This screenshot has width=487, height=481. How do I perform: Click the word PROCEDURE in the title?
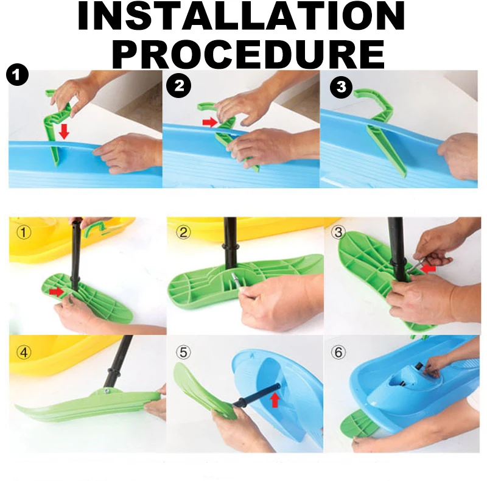(248, 54)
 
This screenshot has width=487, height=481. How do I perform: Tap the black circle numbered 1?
(17, 75)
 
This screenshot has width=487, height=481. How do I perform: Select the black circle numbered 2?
(178, 85)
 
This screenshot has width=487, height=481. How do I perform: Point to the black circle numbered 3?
(341, 86)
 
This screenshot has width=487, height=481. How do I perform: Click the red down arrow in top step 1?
(64, 131)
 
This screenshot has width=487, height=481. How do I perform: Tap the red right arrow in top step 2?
(210, 122)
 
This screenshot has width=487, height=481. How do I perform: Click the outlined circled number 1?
(24, 232)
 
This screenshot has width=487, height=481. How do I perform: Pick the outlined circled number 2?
(183, 232)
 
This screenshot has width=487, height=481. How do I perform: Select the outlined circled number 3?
(338, 232)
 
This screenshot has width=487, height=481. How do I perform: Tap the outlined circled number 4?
(24, 353)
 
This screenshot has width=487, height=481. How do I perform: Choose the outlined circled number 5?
(183, 353)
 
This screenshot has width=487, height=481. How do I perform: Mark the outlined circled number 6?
(338, 353)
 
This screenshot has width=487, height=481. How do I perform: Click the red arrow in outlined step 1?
(56, 292)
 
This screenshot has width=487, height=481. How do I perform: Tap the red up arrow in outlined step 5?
(275, 399)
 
